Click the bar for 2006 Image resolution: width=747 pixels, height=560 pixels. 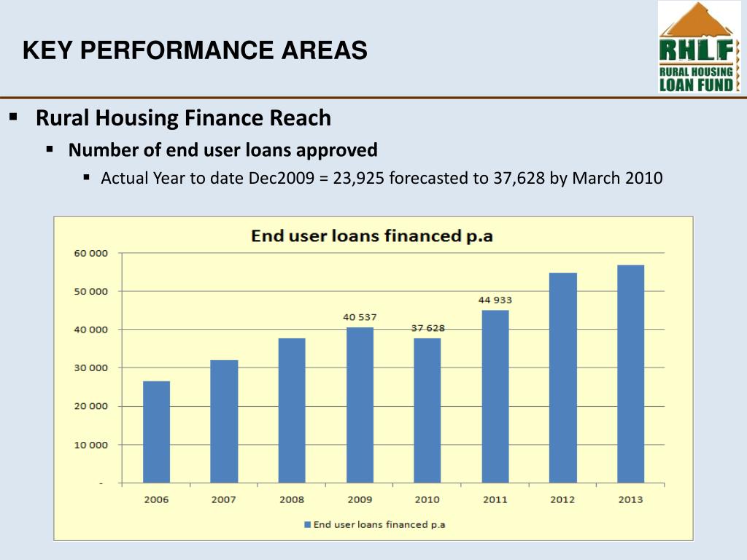(x=156, y=432)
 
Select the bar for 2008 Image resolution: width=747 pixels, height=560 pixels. (x=292, y=410)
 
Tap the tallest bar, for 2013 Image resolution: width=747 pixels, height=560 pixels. (x=630, y=373)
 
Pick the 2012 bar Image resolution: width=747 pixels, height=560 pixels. (x=563, y=378)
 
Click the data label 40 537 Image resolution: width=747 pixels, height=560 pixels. (x=360, y=317)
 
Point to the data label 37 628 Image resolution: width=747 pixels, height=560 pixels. (x=427, y=328)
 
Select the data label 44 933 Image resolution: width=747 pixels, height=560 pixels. (x=495, y=300)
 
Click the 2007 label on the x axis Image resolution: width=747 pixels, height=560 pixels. (x=224, y=499)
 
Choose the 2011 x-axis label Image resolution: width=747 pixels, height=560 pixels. (x=495, y=499)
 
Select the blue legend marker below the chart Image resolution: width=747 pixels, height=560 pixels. (x=307, y=524)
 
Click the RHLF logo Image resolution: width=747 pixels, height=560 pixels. (x=699, y=47)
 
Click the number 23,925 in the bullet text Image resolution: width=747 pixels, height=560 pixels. (x=359, y=179)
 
